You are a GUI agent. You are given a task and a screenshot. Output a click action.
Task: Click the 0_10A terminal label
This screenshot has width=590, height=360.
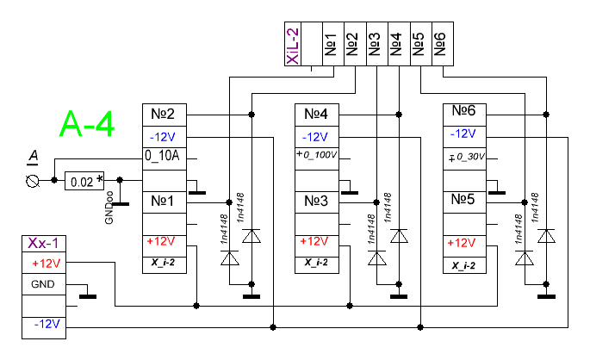(x=164, y=157)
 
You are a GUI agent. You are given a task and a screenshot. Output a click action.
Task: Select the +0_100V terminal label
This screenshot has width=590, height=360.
(x=316, y=156)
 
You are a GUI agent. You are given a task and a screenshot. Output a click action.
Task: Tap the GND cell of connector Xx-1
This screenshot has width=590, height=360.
(x=41, y=283)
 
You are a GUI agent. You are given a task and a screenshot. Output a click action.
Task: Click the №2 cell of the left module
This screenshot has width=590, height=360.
(x=164, y=115)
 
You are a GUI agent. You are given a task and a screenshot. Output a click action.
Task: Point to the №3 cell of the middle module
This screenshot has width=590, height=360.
(x=316, y=200)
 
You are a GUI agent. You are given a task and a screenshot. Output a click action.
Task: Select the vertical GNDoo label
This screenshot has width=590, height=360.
(x=109, y=208)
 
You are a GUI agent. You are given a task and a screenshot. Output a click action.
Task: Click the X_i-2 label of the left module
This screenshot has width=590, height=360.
(x=164, y=264)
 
